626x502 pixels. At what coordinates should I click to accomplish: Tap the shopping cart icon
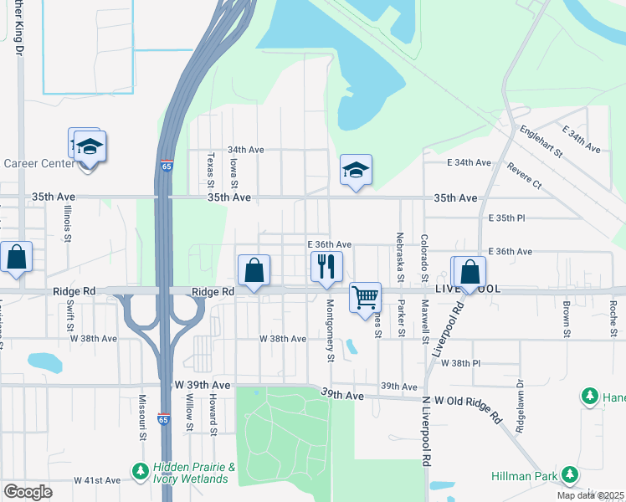[x=365, y=297]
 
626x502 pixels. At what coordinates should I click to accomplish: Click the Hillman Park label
[x=535, y=477]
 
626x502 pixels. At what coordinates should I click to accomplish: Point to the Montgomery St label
[x=331, y=330]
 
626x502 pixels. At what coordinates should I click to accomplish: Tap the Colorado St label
[x=425, y=257]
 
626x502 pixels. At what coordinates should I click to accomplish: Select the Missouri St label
[x=142, y=418]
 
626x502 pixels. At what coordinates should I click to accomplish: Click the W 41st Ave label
[x=97, y=480]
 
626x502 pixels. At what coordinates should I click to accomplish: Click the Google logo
[x=28, y=492]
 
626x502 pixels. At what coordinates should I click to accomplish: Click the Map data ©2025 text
[x=589, y=495]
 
